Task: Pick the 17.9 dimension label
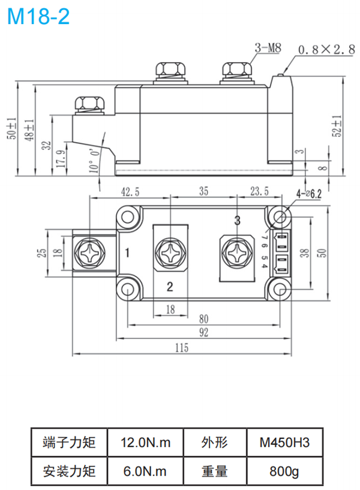[59, 158]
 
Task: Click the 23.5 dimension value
[259, 192]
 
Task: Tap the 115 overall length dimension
[182, 348]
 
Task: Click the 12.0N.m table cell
[146, 443]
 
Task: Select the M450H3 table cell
[284, 443]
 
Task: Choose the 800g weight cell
[284, 471]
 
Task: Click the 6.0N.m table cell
[146, 471]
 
